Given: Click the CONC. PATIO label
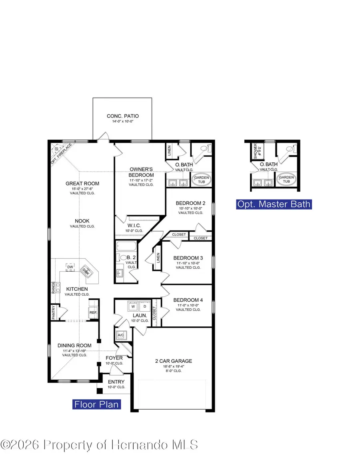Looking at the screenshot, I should (123, 116).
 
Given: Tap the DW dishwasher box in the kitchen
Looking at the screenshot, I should (70, 267).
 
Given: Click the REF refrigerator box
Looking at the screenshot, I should (93, 313).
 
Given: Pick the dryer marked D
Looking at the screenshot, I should (145, 307).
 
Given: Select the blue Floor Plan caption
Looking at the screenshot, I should (96, 404).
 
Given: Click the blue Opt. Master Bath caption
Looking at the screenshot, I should (274, 204).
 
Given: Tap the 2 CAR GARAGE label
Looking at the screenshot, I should (174, 361).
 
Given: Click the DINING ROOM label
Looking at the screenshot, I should (74, 346).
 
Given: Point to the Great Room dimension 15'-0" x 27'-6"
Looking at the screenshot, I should (82, 189).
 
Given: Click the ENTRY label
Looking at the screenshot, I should (116, 382).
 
